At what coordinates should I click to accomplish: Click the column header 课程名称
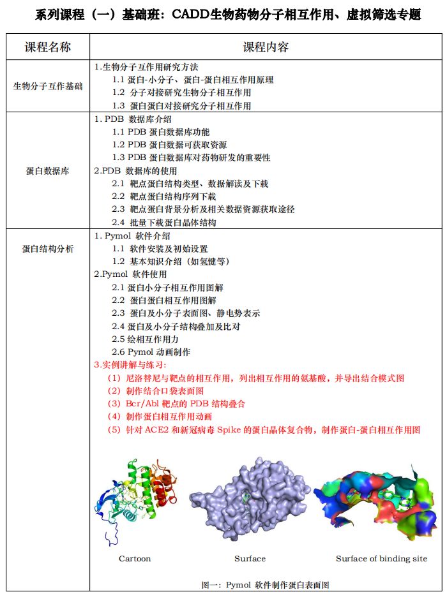(47, 47)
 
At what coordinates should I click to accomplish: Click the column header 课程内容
(266, 47)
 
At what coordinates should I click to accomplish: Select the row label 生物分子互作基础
(47, 86)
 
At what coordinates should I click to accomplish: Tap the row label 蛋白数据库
(47, 172)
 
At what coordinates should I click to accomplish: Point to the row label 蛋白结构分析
(47, 249)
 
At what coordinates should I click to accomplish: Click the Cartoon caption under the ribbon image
(135, 559)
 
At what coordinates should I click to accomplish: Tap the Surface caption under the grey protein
(250, 559)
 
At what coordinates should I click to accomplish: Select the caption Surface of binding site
(381, 559)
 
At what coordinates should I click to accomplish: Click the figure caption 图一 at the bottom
(265, 584)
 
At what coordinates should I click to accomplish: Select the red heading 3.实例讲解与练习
(130, 365)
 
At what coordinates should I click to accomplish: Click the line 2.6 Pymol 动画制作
(151, 352)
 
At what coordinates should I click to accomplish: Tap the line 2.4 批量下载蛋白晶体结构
(163, 223)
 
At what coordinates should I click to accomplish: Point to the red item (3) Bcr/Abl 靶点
(176, 404)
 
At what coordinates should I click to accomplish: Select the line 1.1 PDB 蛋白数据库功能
(160, 132)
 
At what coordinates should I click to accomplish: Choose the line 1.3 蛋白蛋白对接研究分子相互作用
(181, 106)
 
